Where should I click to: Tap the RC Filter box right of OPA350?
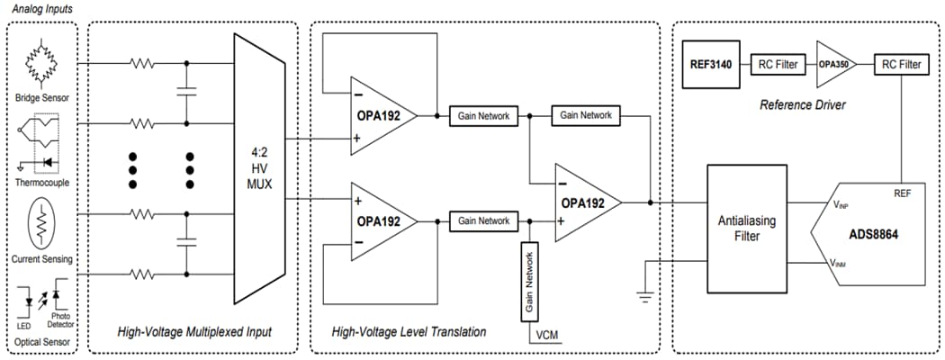[900, 64]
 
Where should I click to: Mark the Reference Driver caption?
[803, 104]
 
